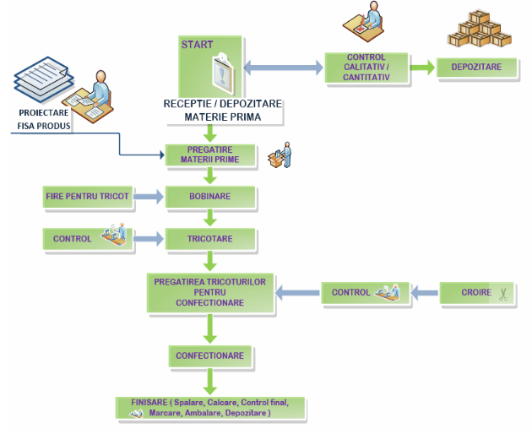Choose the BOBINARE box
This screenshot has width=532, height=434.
[210, 197]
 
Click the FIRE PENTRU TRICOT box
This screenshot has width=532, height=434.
[87, 197]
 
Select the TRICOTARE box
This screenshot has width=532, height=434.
[210, 239]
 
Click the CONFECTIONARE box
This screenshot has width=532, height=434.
[210, 355]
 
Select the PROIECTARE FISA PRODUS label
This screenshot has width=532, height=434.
[44, 121]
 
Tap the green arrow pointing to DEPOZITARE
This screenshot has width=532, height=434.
[422, 67]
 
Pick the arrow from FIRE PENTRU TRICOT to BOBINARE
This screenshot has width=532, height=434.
[148, 197]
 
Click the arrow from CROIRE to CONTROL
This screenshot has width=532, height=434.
[424, 293]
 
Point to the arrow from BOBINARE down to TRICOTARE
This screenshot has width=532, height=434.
[210, 218]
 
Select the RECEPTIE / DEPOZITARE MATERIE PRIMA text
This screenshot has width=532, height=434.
[223, 111]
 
